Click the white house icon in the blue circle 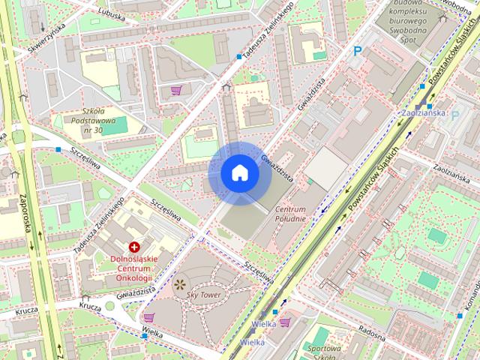point(239,173)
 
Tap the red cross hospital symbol point(134,247)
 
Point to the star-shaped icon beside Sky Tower point(179,284)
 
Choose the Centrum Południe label point(290,213)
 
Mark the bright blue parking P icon point(358,51)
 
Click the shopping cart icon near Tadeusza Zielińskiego point(176,90)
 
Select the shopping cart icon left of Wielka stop point(148,317)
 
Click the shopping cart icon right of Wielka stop point(285,322)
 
